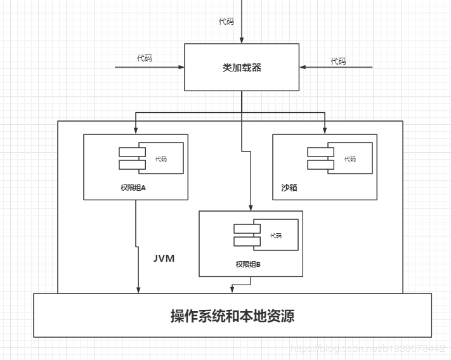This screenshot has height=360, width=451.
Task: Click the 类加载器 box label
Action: coord(242,67)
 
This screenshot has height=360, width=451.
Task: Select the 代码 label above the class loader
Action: coord(226,22)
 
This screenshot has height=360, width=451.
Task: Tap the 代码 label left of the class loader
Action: coord(145,58)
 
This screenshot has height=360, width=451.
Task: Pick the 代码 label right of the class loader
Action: coord(338,61)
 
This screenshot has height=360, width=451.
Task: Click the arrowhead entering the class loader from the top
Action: coord(242,40)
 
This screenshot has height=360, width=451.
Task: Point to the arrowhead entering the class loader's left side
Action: coord(181,67)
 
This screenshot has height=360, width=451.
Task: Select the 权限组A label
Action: coord(133,188)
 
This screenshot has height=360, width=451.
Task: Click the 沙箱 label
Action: coord(289,188)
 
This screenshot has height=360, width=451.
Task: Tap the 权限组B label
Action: coord(248,264)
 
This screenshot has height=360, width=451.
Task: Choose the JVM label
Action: coord(164,259)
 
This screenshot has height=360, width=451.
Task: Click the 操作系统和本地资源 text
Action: coord(232,316)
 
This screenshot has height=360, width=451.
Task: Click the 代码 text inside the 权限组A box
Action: coord(161,159)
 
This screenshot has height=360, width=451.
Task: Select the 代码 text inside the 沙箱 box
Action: coord(350,159)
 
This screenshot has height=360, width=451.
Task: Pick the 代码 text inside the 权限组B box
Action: coord(275,236)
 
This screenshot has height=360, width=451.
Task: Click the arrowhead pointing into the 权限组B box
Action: coord(251,207)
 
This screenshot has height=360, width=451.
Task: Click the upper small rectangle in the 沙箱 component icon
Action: coord(320,152)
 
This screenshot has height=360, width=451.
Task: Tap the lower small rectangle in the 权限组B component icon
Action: coord(246,241)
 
